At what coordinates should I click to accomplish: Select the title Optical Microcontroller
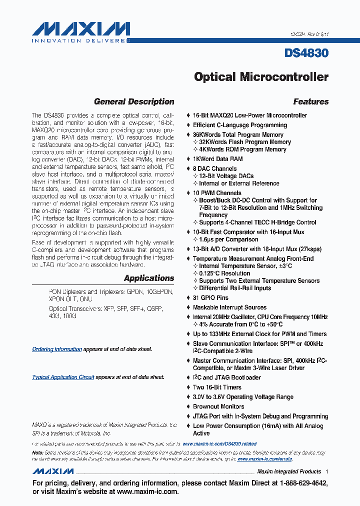(261, 77)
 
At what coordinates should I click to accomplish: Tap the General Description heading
(134, 101)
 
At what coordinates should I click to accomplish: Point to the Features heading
(310, 101)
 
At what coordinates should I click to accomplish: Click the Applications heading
(149, 278)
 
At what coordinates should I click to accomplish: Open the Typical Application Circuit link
(63, 377)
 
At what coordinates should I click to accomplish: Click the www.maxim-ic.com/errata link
(264, 458)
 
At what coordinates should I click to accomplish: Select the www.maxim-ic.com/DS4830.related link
(219, 443)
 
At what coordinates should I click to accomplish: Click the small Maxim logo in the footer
(53, 471)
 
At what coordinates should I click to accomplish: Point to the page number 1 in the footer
(326, 471)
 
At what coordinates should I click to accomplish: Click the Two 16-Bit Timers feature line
(217, 387)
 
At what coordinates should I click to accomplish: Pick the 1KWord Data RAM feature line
(217, 159)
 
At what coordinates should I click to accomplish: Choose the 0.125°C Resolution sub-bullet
(224, 273)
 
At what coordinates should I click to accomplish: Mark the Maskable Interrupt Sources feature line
(229, 307)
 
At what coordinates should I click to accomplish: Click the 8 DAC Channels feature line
(214, 168)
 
